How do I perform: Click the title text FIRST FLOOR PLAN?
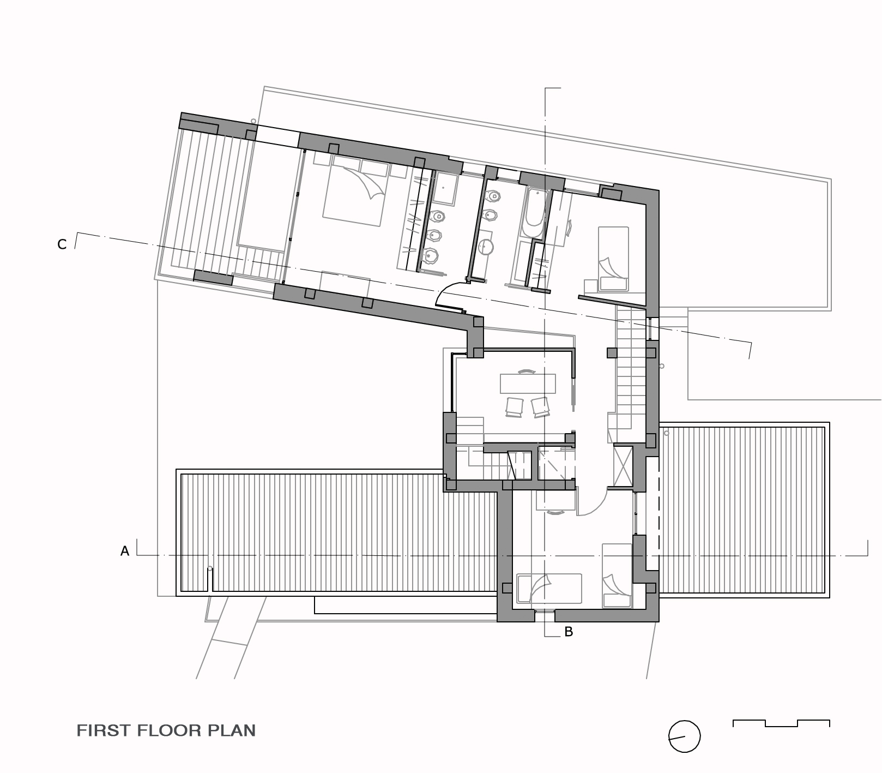point(166,730)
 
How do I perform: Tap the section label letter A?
point(125,552)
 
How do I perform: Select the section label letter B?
point(569,632)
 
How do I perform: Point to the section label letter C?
point(62,244)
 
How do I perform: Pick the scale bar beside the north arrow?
point(781,723)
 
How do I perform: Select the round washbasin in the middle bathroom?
point(486,247)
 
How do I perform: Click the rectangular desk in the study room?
point(528,383)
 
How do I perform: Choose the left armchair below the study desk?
point(515,407)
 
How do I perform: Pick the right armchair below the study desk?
point(540,407)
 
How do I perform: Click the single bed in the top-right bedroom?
point(613,259)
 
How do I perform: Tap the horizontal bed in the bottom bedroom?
point(549,588)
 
